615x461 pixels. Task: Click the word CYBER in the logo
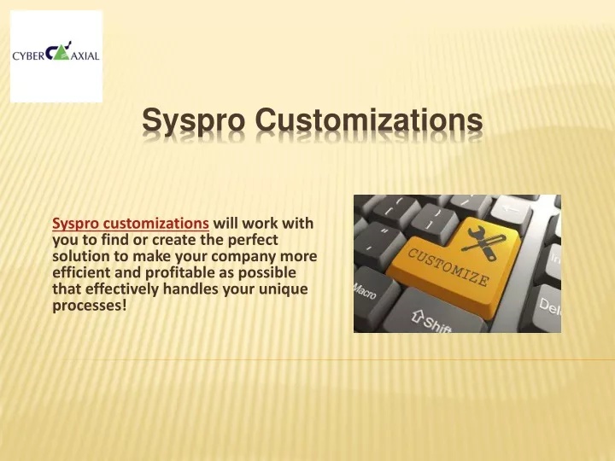(28, 56)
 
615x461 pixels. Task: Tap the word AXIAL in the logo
(85, 56)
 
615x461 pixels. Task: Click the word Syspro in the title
(193, 120)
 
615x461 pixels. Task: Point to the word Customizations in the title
(369, 120)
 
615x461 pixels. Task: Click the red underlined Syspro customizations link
(131, 224)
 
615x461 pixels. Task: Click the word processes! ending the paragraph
(90, 306)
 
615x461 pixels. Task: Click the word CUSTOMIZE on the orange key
(448, 266)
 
